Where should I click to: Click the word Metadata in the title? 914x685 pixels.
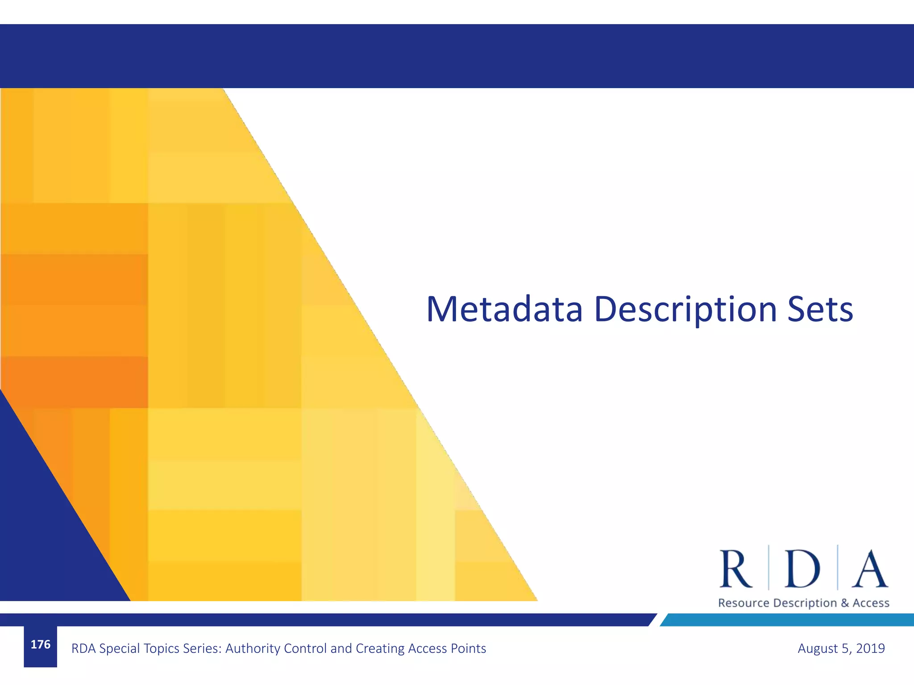tap(504, 309)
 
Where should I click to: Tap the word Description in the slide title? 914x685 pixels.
tap(685, 310)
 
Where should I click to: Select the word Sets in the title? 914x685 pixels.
tap(820, 309)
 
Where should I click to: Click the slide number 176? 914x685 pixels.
tap(40, 644)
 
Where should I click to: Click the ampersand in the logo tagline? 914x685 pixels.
tap(845, 603)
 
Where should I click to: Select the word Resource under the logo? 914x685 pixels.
tap(744, 603)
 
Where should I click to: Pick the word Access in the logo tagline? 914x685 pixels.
tap(871, 603)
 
